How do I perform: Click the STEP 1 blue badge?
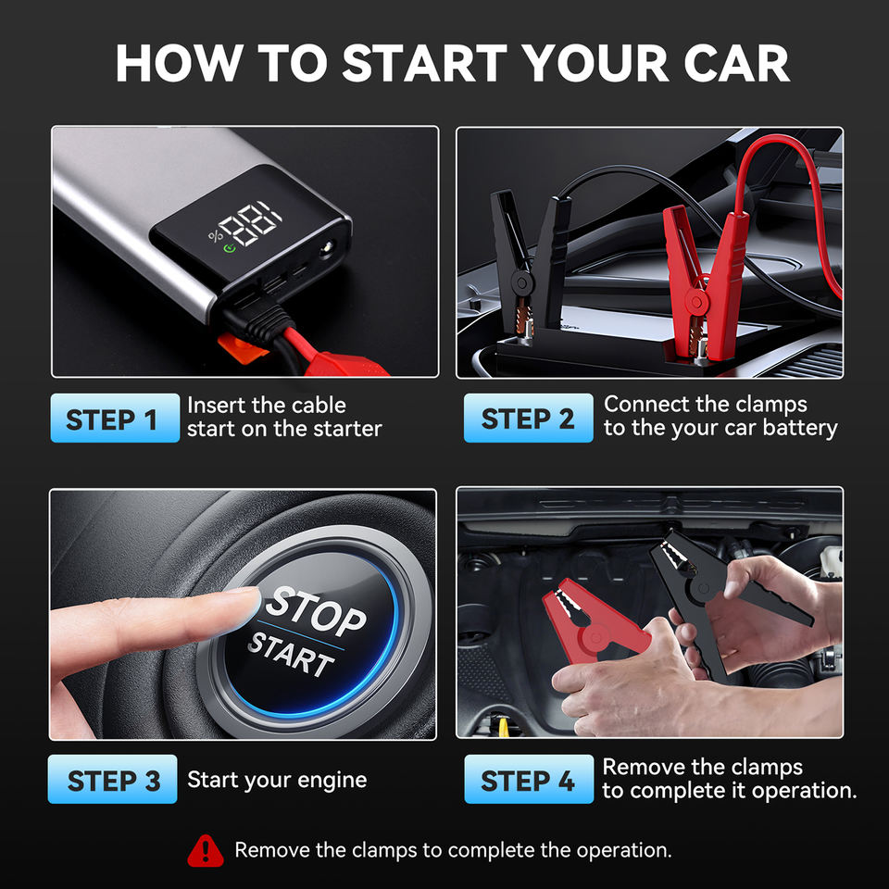pos(115,418)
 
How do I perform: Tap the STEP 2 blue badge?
pos(529,418)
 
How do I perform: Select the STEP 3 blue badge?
pos(112,779)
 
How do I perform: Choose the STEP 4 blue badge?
pos(529,779)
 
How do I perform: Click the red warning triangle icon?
pos(206,851)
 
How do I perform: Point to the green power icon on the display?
pos(230,248)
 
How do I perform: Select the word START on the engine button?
pos(292,655)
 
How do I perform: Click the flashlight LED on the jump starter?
pos(327,249)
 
